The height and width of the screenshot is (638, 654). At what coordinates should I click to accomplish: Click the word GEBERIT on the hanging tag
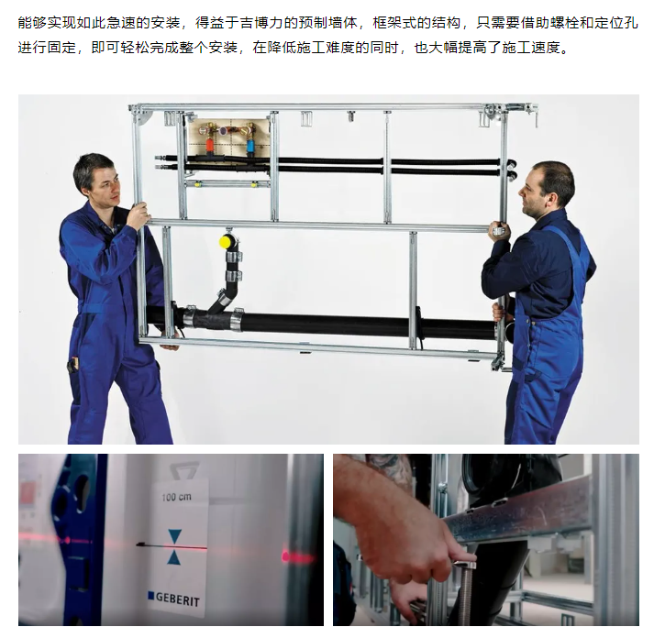pos(178,599)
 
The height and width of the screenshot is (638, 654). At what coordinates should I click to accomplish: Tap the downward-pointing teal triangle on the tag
pos(174,536)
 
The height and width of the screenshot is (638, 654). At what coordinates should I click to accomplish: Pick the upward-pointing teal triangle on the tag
pos(174,556)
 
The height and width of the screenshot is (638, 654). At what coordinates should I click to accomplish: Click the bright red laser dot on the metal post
pos(287,556)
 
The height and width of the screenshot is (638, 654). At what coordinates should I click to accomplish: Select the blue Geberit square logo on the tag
pos(151,596)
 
